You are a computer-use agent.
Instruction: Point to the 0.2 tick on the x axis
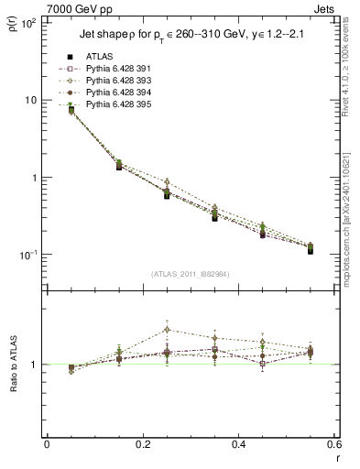coord(141,445)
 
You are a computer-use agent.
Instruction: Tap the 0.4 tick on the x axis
coord(236,445)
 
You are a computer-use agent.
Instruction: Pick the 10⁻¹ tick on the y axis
coord(27,255)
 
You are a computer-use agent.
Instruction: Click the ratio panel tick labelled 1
coord(35,365)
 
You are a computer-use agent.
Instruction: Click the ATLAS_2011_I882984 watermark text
coord(189,272)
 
